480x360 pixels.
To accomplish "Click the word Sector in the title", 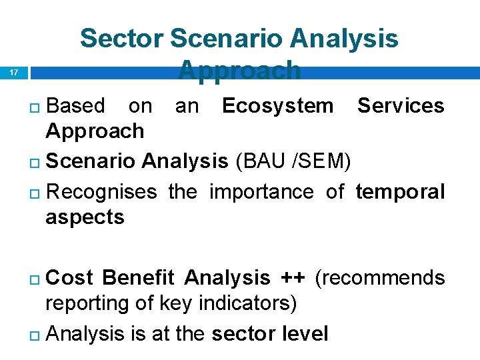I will point(121,39).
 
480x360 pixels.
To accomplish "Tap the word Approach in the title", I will point(239,69).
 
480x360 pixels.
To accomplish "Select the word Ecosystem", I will point(277,105).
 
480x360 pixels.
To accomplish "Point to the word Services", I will point(401,105).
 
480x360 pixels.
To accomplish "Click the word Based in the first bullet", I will point(76,105).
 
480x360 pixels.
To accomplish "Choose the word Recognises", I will point(103,192).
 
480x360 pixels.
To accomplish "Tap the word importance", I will point(261,192).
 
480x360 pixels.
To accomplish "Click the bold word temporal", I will point(400,192).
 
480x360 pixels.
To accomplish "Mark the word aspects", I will point(85,217).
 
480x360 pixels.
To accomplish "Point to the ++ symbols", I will point(289,277).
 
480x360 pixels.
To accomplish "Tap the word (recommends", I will point(379,277).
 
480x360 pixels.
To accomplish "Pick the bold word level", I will point(303,333).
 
